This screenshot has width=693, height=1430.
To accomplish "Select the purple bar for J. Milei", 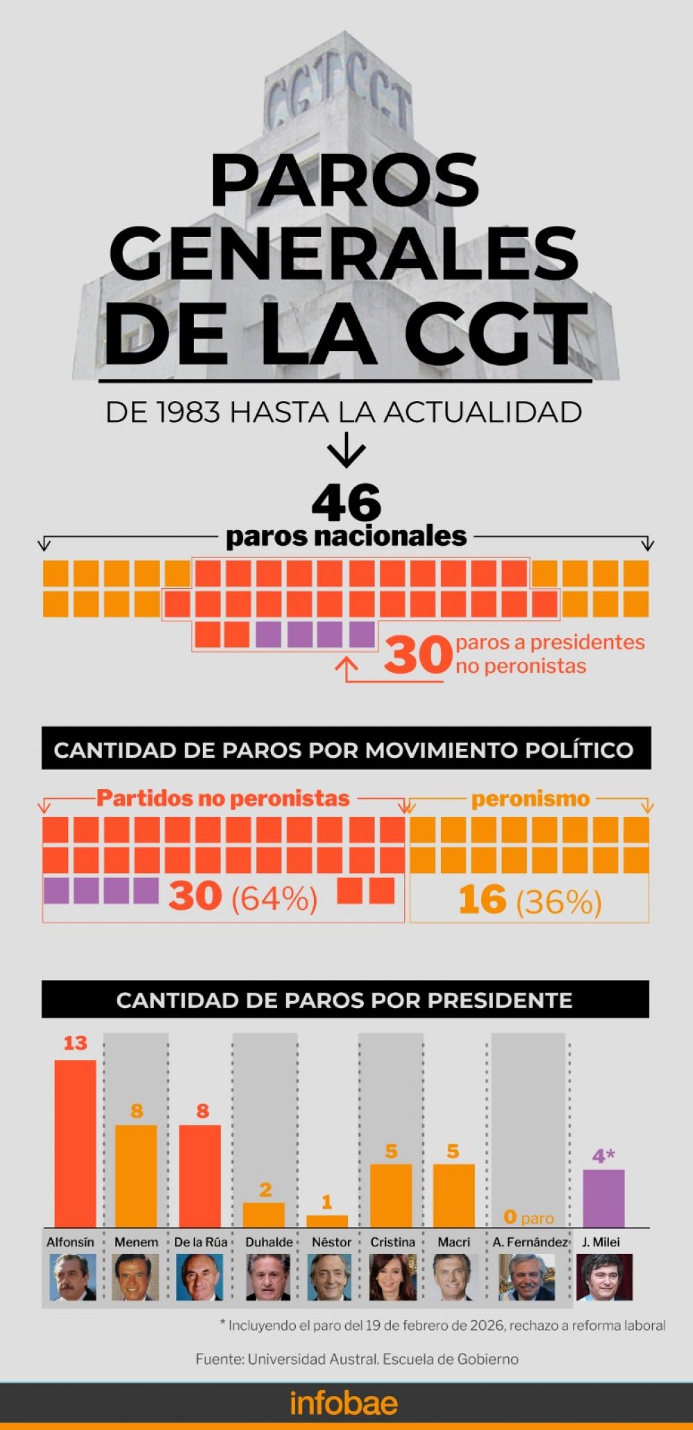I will pyautogui.click(x=603, y=1198).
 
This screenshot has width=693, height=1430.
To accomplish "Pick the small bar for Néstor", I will pyautogui.click(x=327, y=1221).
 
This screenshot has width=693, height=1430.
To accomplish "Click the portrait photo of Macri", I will pyautogui.click(x=454, y=1277).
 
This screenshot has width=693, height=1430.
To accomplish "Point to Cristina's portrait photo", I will pyautogui.click(x=392, y=1277).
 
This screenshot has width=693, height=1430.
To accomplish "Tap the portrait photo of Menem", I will pyautogui.click(x=136, y=1277).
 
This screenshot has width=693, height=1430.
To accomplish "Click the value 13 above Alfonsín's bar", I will pyautogui.click(x=75, y=1043).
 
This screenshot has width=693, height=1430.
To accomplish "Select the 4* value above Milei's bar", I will pyautogui.click(x=604, y=1156).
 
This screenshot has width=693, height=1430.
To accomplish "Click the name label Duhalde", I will pyautogui.click(x=269, y=1242).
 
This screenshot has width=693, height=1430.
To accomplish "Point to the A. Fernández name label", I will pyautogui.click(x=530, y=1242).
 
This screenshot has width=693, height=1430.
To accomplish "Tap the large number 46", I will pyautogui.click(x=346, y=503).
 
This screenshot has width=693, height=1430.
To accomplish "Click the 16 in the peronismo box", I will pyautogui.click(x=482, y=900).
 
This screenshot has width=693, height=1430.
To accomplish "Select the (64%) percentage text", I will pyautogui.click(x=274, y=899).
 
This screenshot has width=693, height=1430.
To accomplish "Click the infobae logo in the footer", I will pyautogui.click(x=344, y=1404).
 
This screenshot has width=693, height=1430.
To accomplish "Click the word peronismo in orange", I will pyautogui.click(x=530, y=799).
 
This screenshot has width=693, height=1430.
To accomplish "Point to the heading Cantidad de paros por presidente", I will pyautogui.click(x=344, y=1000).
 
